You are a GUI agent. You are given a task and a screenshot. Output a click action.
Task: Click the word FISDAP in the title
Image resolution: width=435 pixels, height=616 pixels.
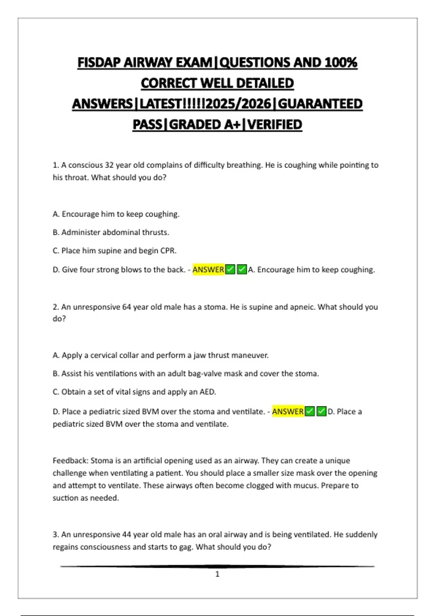coord(99,63)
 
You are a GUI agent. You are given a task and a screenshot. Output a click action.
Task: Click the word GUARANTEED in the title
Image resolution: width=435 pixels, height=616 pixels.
coord(320,104)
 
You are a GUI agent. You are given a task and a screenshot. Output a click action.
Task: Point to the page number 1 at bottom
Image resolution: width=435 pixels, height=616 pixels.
coord(217,574)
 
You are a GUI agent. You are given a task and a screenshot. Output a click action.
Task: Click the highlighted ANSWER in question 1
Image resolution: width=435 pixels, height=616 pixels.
coord(208,270)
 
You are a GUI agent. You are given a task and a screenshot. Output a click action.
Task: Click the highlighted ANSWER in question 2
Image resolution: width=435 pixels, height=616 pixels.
coord(287,412)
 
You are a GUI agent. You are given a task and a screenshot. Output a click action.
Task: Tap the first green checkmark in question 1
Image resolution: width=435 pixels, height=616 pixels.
coord(230,270)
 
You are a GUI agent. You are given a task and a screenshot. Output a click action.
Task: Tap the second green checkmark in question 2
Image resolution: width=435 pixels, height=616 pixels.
coord(321,412)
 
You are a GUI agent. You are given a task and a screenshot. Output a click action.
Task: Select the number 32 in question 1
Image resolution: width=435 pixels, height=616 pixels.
coord(109,165)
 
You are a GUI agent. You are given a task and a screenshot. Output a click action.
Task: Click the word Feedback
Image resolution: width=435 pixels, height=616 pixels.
coord(70,461)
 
